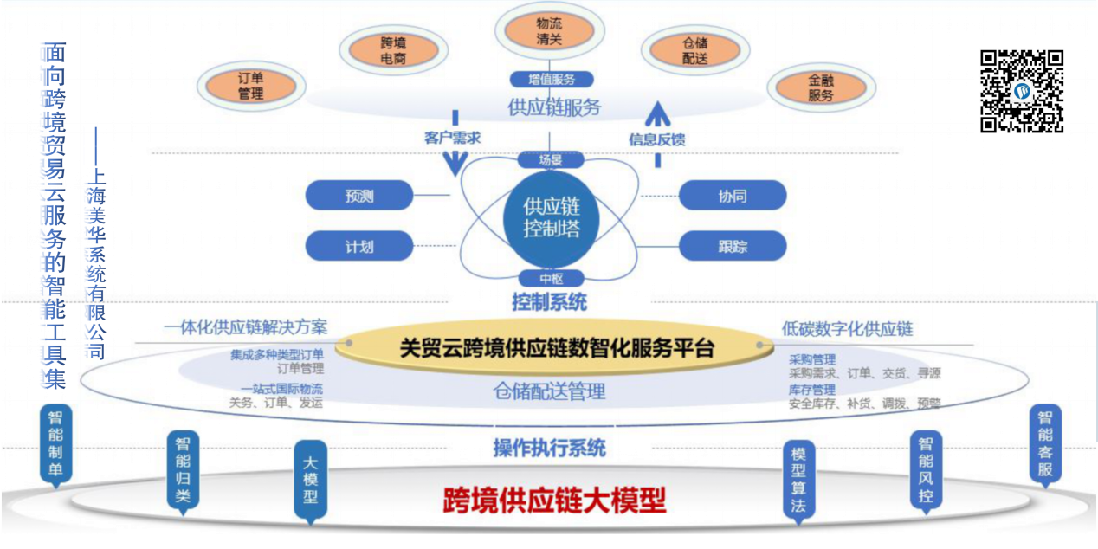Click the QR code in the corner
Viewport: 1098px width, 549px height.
[x=1021, y=91]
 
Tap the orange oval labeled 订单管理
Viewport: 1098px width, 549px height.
[x=250, y=85]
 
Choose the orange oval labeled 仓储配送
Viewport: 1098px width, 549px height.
[x=694, y=50]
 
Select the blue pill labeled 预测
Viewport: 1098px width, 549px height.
[x=358, y=196]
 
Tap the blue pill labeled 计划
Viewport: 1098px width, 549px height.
[x=358, y=246]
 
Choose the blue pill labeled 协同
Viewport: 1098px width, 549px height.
[x=732, y=196]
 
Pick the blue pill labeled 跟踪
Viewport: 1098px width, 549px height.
[x=732, y=246]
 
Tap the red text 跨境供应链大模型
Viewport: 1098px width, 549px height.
[x=554, y=501]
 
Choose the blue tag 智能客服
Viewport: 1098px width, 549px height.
[x=1045, y=443]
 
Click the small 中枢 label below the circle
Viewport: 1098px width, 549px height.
[x=551, y=279]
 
